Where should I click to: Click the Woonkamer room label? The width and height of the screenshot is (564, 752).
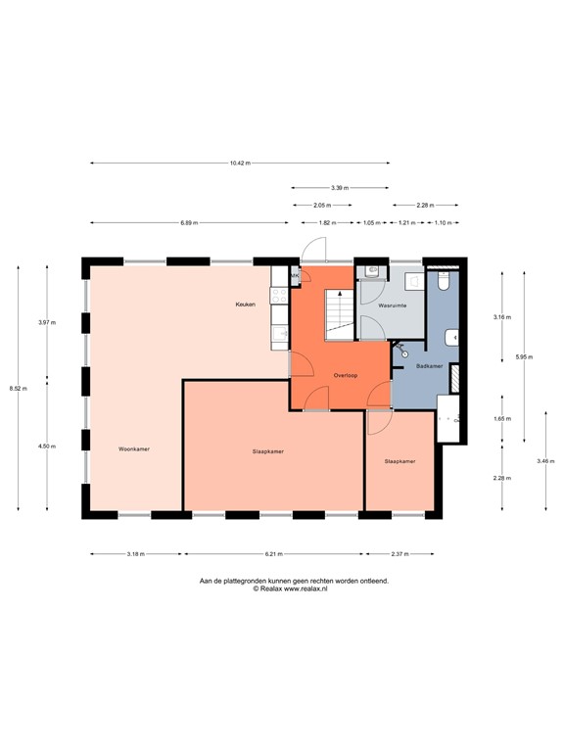click(x=133, y=448)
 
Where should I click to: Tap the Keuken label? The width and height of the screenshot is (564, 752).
click(x=245, y=305)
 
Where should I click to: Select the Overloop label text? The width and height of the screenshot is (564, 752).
click(x=344, y=375)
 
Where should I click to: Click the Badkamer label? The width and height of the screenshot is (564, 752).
click(x=429, y=365)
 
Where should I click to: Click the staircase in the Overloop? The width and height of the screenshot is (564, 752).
click(x=339, y=312)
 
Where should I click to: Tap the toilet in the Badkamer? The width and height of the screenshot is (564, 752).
click(x=444, y=282)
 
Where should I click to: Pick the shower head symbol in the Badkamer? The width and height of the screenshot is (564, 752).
click(x=401, y=350)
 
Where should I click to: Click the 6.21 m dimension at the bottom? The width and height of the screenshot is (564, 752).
click(x=272, y=553)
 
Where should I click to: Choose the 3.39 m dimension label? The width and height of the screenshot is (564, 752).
click(x=340, y=187)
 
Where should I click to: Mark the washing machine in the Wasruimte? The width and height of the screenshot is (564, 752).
click(x=414, y=281)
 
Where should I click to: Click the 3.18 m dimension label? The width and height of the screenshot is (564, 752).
click(x=136, y=553)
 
